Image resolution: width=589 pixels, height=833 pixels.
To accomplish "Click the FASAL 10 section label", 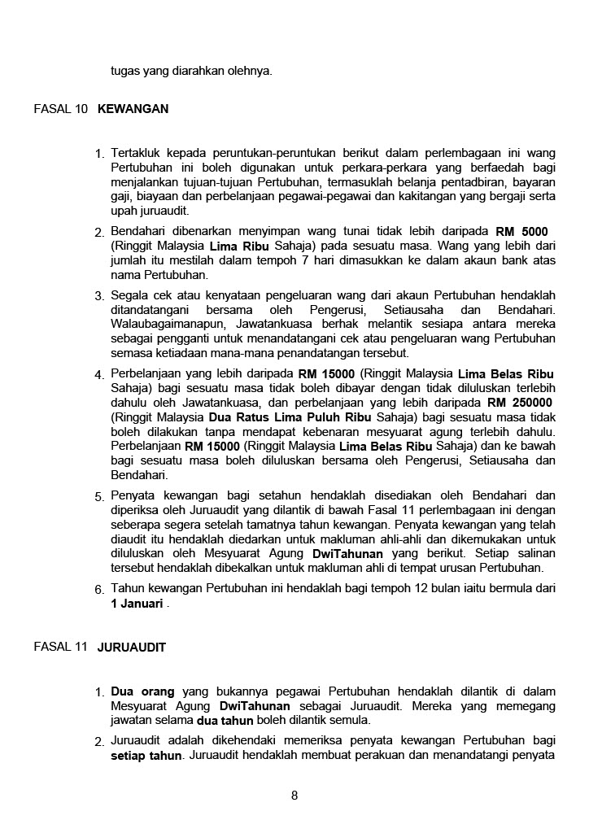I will (60, 108).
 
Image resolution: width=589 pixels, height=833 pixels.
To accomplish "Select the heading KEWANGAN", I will (133, 108).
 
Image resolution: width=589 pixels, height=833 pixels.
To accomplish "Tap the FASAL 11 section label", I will (60, 648).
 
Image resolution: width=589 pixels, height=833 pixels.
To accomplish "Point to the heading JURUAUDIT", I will (132, 648).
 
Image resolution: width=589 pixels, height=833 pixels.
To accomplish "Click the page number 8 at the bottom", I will (294, 796).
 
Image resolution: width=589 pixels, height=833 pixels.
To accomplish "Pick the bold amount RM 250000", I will (519, 403).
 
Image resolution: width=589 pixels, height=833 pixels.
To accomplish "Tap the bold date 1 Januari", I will (137, 604).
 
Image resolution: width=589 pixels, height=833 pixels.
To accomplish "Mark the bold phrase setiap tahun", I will (146, 756).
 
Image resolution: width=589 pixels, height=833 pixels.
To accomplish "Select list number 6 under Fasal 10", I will (99, 590).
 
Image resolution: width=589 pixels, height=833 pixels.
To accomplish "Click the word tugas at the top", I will (124, 71).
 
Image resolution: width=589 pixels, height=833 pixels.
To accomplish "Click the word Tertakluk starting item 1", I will (135, 153).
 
